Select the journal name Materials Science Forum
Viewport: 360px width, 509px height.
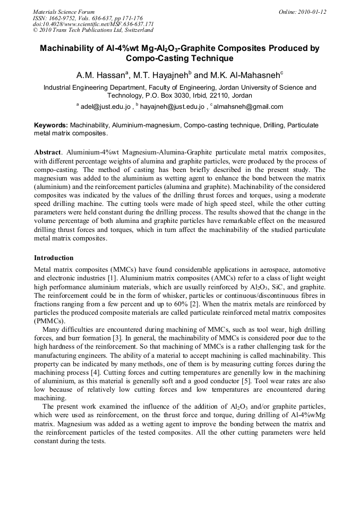pos(64,12)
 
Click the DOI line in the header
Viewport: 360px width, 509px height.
pos(93,24)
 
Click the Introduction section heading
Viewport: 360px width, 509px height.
pos(54,258)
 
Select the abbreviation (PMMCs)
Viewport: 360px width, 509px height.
pos(49,321)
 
